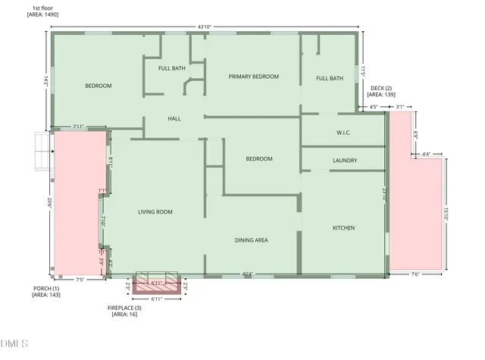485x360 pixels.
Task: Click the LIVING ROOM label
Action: point(155,212)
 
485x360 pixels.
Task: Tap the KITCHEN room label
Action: point(344,228)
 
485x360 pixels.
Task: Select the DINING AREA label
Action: point(251,240)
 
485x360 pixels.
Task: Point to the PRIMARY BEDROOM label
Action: point(254,77)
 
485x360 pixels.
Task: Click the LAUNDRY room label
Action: point(345,161)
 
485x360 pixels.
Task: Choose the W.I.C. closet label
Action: point(345,133)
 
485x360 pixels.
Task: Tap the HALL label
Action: point(174,119)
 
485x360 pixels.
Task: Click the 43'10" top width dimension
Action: point(204,27)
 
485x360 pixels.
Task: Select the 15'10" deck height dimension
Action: point(447,214)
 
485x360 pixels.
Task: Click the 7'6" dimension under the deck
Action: point(415,274)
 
